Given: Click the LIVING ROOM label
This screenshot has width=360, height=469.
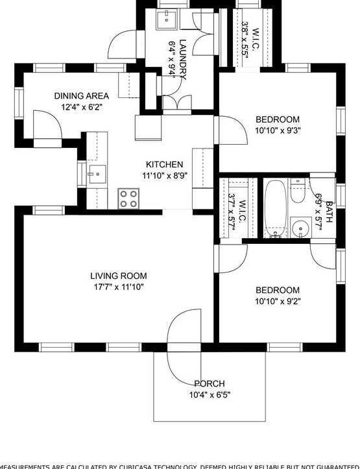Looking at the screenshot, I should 118,276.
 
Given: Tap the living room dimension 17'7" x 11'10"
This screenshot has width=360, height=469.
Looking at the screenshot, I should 118,287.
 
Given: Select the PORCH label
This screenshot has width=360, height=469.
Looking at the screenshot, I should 210,384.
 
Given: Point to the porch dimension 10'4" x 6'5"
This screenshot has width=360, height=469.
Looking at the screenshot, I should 210,395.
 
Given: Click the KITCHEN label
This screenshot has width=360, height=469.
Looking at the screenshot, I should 164,164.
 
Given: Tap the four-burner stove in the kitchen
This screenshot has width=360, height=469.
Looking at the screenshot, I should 128,198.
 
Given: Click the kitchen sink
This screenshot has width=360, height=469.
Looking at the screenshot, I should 97,173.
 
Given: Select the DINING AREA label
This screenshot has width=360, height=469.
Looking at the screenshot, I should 81,96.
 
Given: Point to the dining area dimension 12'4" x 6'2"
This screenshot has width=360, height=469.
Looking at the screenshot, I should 81,107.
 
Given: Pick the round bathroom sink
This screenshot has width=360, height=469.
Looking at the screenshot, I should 300,228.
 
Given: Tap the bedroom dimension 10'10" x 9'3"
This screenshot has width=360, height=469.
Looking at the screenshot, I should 278,130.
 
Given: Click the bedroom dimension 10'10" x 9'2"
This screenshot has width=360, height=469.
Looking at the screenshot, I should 278,301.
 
